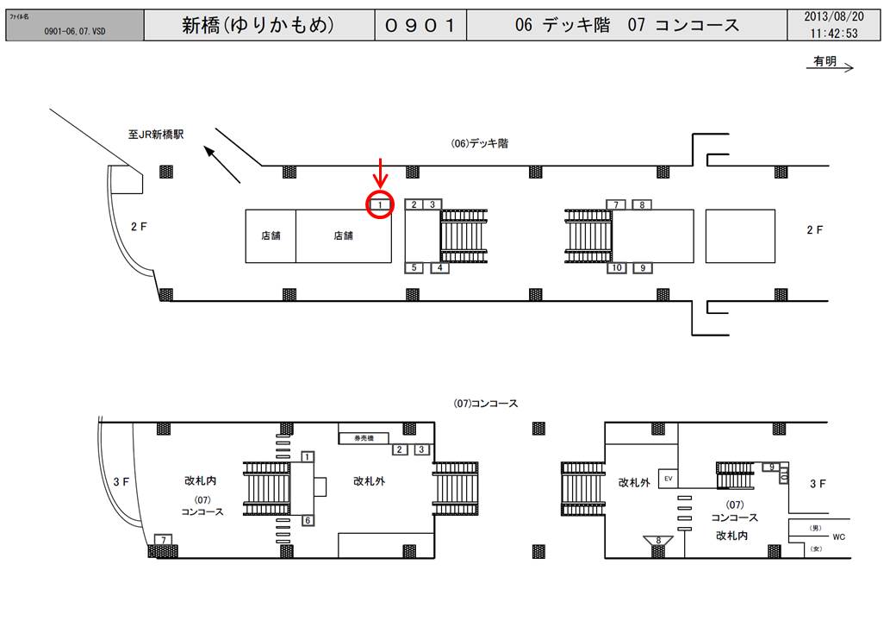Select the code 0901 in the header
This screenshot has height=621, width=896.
420,25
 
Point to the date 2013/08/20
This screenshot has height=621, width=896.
833,16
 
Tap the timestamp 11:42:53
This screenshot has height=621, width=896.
833,34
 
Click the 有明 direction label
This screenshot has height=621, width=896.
824,61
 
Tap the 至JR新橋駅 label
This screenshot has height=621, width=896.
156,135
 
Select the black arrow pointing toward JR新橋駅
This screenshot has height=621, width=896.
222,164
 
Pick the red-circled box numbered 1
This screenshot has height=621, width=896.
380,205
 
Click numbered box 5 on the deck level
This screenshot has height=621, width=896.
414,268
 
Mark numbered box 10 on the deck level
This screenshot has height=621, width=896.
616,268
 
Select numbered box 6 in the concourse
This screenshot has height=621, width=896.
307,520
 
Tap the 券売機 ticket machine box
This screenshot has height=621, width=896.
364,438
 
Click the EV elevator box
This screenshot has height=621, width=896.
668,477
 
